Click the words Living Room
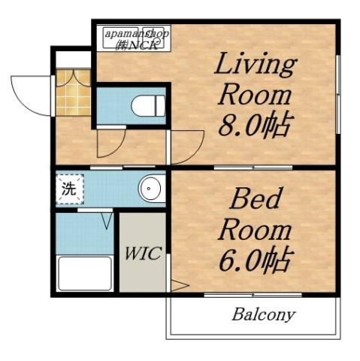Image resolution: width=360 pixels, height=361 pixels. click(x=255, y=80)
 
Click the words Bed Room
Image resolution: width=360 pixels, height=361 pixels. click(x=254, y=214)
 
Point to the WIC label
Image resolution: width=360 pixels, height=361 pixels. click(x=142, y=253)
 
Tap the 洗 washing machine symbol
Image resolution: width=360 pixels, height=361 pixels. click(x=68, y=189)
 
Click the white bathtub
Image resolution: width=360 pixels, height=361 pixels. click(x=84, y=273)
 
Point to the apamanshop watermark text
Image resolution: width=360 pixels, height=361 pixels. click(x=137, y=39)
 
